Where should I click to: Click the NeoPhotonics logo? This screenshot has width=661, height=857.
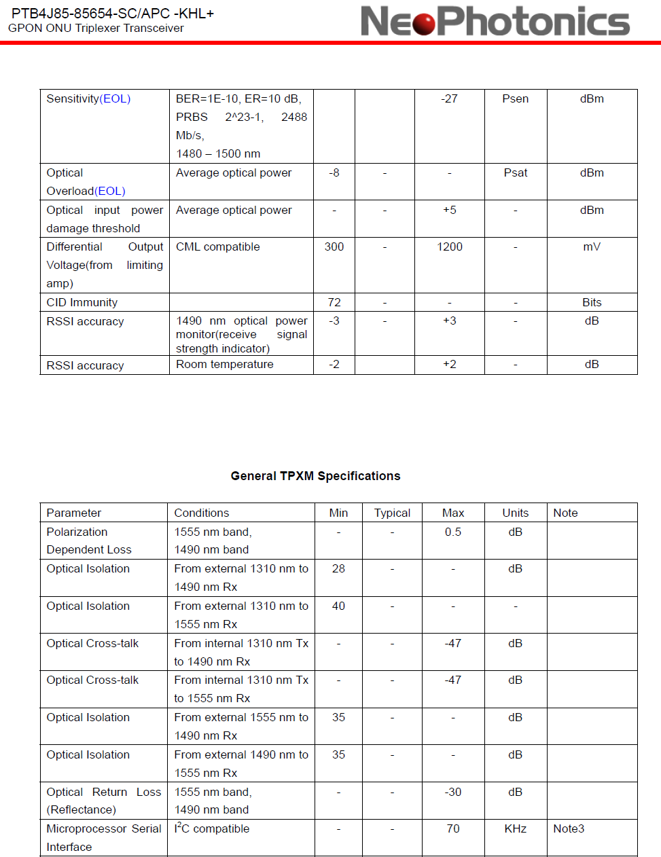tap(495, 21)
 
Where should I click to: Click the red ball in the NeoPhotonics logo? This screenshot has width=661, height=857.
tap(424, 23)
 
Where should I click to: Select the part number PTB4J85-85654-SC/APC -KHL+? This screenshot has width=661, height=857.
tap(113, 14)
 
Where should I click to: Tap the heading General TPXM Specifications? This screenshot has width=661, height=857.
tap(315, 476)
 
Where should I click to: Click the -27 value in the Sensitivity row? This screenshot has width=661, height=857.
tap(449, 99)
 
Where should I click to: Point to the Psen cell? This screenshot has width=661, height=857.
tap(515, 99)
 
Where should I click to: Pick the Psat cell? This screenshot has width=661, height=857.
tap(515, 173)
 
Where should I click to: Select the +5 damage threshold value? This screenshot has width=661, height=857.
tap(449, 211)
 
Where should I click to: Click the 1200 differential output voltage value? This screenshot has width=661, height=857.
tap(449, 247)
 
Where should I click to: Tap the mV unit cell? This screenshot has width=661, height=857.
tap(592, 247)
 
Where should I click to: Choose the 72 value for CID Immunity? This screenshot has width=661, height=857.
tap(334, 303)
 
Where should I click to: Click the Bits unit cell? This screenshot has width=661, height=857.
tap(592, 303)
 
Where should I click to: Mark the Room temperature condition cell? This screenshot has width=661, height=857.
tap(225, 365)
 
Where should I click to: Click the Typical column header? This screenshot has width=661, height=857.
tap(392, 513)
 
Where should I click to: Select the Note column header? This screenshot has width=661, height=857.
tap(565, 513)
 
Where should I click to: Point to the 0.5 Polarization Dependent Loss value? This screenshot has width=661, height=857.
tap(452, 532)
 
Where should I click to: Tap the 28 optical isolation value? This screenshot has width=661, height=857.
tap(338, 569)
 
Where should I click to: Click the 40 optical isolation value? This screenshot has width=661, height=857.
tap(338, 606)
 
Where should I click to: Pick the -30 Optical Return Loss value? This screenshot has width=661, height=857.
tap(452, 792)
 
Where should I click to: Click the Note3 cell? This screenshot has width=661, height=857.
tap(569, 829)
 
